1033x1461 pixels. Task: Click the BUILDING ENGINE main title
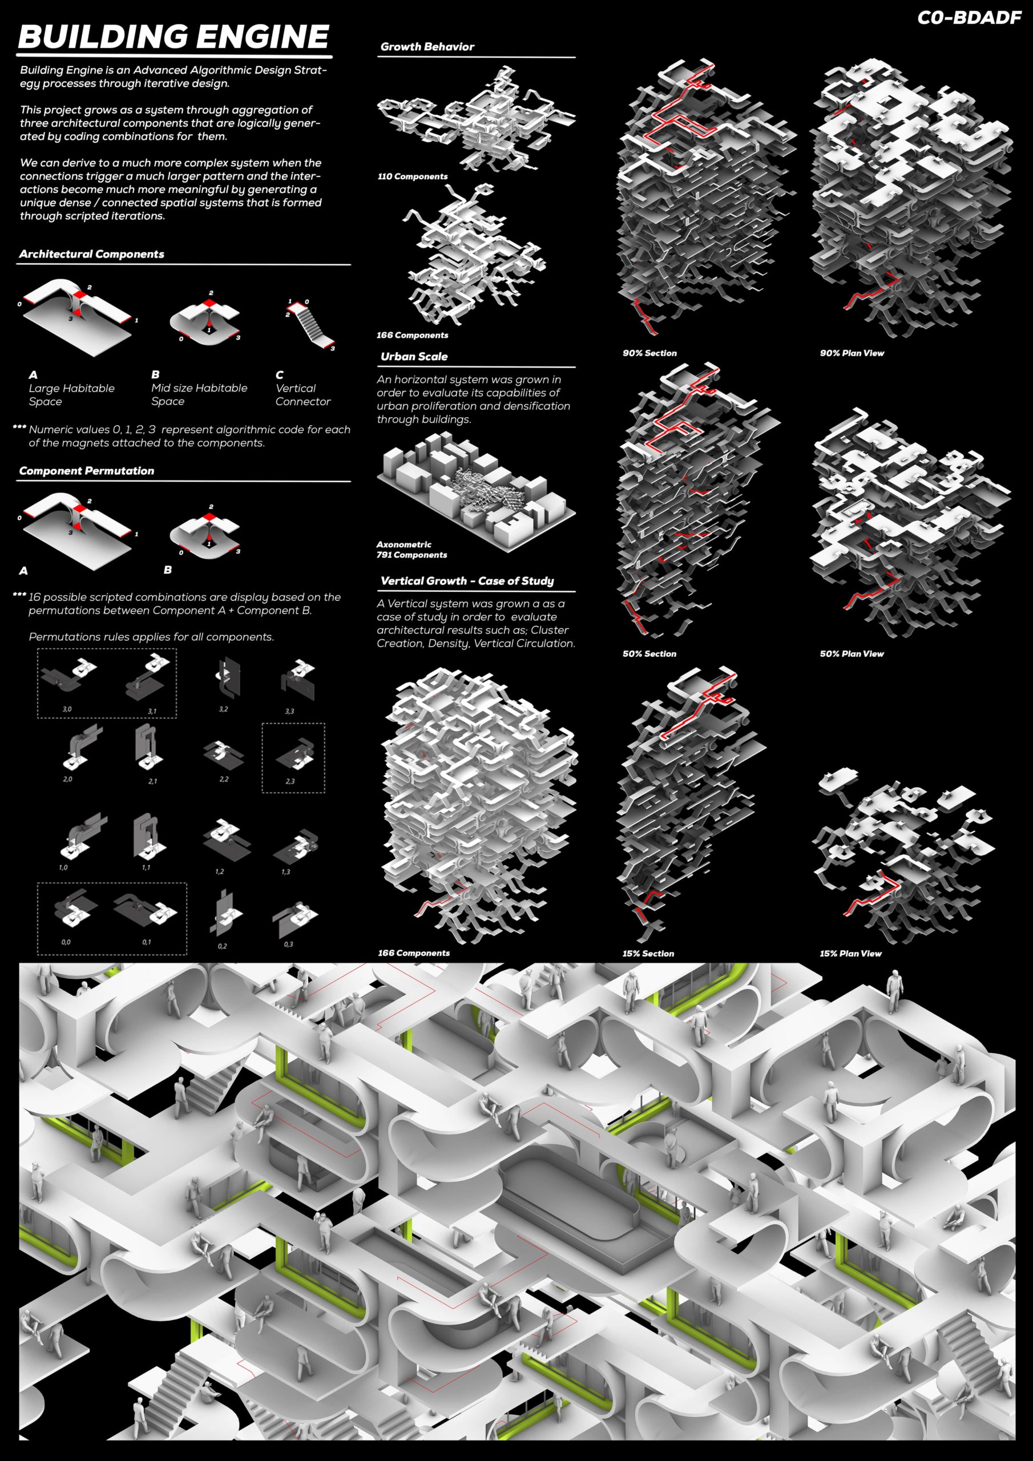173,37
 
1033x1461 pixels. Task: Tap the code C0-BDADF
969,18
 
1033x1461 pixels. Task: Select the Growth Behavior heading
427,46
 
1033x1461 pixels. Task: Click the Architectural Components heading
92,254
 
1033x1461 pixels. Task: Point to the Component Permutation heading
87,471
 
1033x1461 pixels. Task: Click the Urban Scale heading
414,356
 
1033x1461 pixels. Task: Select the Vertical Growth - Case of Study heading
467,580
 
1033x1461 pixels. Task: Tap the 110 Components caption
413,176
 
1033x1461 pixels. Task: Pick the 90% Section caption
649,353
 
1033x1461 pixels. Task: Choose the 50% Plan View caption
852,653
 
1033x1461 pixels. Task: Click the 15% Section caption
648,953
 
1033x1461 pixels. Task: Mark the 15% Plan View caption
850,953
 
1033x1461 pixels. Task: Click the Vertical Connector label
303,394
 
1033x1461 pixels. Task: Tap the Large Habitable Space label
71,394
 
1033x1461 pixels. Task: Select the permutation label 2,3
290,781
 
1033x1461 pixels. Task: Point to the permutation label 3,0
67,709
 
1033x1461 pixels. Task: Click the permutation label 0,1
147,942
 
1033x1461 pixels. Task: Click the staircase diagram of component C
310,324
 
